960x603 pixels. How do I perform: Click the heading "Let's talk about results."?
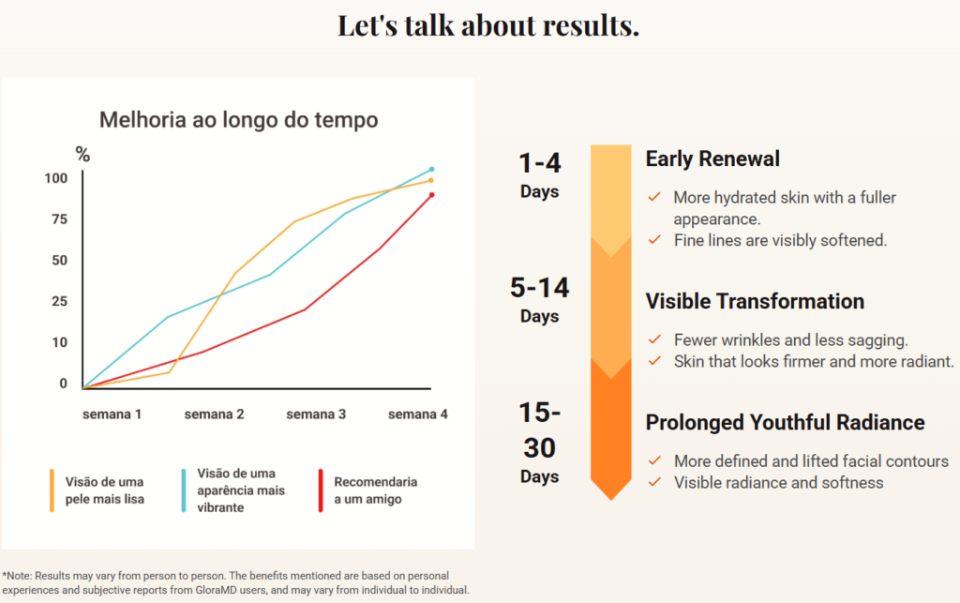point(487,25)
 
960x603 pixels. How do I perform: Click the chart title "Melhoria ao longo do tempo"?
point(239,119)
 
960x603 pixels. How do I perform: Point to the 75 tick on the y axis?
point(59,219)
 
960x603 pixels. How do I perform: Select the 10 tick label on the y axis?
point(59,342)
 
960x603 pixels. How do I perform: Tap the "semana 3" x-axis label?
point(316,415)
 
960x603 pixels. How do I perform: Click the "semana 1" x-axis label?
point(112,415)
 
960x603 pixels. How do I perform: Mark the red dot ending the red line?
point(431,195)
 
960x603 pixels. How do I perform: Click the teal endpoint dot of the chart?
point(431,169)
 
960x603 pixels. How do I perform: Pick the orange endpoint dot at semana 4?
point(431,181)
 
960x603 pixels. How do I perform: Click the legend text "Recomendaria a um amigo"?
point(375,490)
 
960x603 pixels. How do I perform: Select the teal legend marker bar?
point(184,490)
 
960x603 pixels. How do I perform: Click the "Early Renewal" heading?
point(712,159)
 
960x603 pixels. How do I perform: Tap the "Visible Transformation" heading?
point(755,301)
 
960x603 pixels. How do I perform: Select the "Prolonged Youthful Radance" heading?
point(785,422)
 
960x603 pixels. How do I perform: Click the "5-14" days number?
point(539,288)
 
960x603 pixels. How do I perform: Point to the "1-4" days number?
point(539,163)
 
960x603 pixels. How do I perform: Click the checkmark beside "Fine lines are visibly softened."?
point(654,239)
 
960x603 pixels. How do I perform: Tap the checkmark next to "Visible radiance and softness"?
point(654,482)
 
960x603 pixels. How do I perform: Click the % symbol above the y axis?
point(82,155)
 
